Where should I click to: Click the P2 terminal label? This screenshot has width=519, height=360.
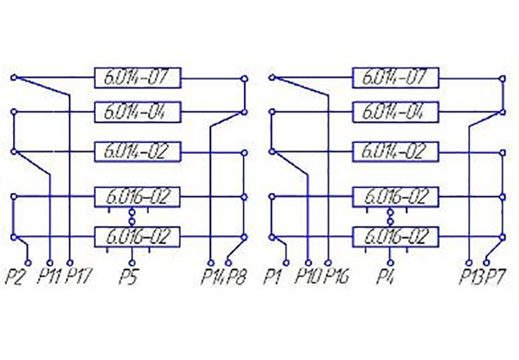tap(16, 277)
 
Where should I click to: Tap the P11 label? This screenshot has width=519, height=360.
tap(49, 277)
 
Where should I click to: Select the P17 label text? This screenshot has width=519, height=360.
tap(78, 277)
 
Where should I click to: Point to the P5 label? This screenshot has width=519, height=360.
tap(128, 277)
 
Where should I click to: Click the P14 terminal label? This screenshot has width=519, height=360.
tap(214, 277)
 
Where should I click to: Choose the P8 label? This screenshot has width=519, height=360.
tap(236, 277)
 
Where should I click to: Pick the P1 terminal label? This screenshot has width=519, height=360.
tap(272, 277)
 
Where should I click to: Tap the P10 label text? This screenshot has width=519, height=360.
tap(309, 277)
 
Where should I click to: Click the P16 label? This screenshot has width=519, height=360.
tap(336, 277)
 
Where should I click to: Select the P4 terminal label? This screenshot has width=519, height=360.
tap(385, 277)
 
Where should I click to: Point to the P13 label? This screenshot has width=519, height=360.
tap(471, 277)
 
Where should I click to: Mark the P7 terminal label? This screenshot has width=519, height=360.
tap(495, 277)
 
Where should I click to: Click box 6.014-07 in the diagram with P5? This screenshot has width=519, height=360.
tap(138, 78)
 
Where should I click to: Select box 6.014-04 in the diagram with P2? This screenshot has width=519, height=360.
tap(138, 112)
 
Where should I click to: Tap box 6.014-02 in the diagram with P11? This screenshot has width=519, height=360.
tap(138, 151)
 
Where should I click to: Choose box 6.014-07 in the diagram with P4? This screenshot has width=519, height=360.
tap(395, 78)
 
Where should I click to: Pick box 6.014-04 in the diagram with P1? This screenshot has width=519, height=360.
tap(395, 112)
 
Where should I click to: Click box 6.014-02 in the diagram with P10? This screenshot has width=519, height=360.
tap(395, 151)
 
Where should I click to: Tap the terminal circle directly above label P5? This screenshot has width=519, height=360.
tap(132, 263)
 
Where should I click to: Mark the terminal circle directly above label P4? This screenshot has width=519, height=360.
tap(391, 263)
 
